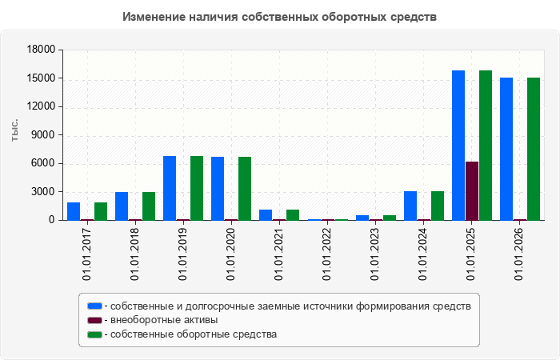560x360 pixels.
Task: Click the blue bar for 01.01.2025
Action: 458,146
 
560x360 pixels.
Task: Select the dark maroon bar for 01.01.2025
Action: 472,191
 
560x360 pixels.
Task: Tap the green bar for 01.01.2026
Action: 534,149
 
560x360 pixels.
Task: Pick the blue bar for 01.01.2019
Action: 170,188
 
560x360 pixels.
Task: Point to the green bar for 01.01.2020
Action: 245,189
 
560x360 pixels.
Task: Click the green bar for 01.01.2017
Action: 101,211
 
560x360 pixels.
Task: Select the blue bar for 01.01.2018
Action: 122,206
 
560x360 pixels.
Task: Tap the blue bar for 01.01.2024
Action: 410,206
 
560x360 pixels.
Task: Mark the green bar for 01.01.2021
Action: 293,215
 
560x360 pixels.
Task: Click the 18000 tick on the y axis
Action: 42,50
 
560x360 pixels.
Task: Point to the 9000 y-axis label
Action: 44,135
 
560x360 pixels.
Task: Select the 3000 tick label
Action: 44,192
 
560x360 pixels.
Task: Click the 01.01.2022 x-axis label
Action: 326,254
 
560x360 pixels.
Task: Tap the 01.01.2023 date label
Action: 374,254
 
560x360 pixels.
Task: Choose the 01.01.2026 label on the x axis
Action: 519,254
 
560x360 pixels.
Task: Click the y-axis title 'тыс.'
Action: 14,130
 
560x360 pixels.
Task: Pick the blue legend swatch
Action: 94,306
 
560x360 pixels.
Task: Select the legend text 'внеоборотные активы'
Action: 164,320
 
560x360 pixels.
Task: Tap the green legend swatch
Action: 94,334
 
